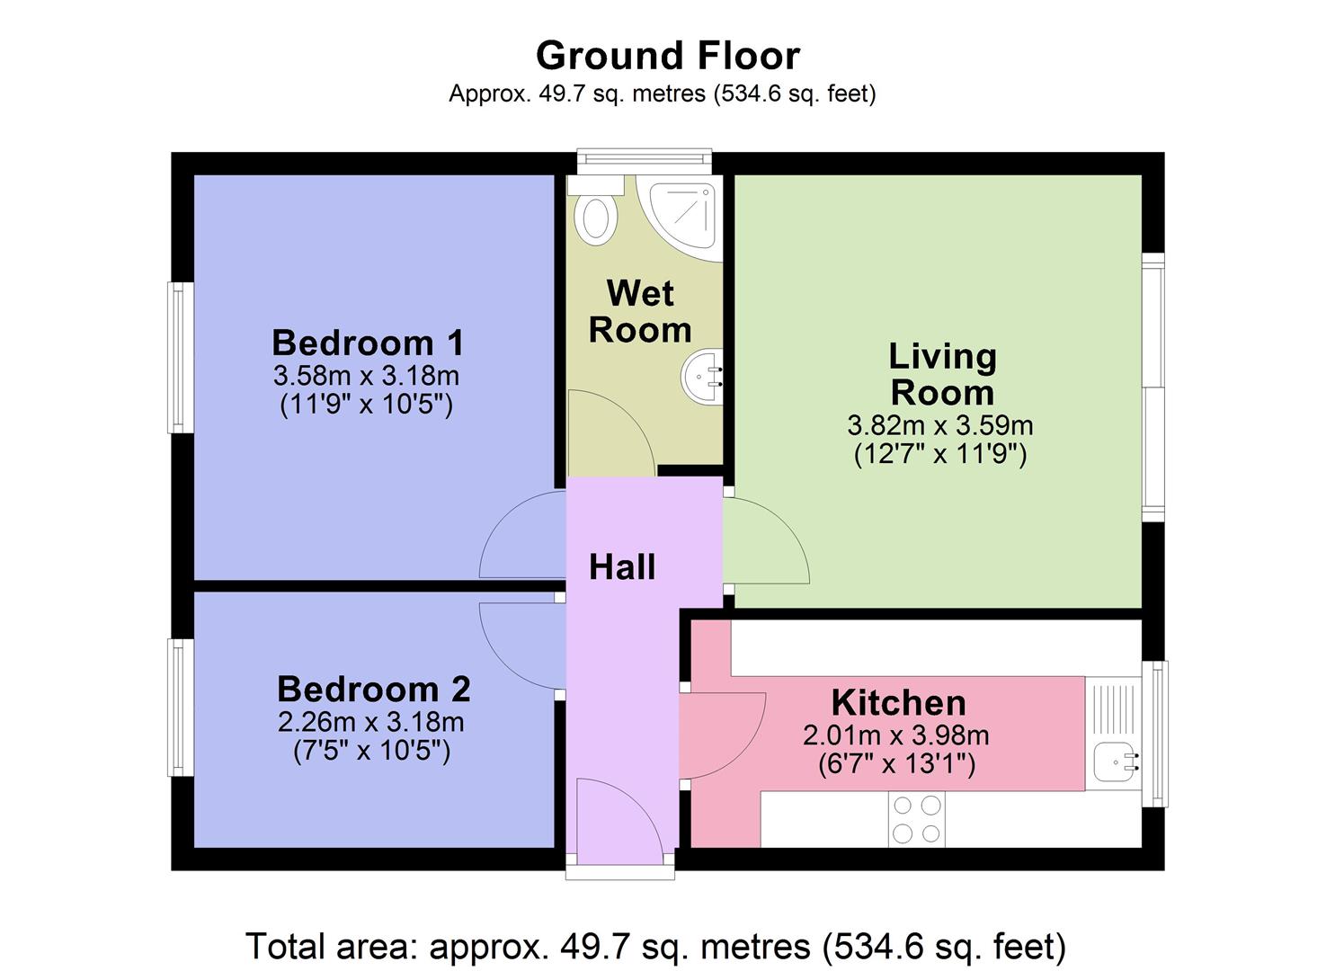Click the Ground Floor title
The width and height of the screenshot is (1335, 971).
[667, 56]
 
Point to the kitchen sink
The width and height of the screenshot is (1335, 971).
[1115, 763]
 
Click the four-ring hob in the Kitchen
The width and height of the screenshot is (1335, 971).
[916, 819]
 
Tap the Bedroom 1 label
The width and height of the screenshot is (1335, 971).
[368, 343]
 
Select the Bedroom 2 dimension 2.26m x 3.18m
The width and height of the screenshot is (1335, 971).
[370, 721]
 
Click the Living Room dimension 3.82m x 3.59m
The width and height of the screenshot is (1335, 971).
[939, 424]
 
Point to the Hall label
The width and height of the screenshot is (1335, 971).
[622, 567]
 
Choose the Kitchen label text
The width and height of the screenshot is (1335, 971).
[898, 702]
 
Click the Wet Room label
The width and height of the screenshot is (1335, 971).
[640, 311]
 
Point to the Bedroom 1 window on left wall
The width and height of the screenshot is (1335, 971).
[181, 357]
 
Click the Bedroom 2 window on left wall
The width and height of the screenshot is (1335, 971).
[181, 707]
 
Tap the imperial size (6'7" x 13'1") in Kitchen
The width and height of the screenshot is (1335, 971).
[896, 764]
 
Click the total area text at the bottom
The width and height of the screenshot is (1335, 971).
[655, 946]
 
